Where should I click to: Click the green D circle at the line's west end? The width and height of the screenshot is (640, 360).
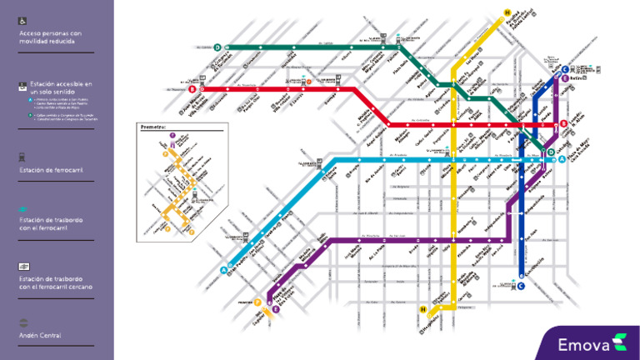click(217, 47)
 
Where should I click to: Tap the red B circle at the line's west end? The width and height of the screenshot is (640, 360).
click(192, 88)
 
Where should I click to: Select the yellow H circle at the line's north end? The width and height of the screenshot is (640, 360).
click(507, 12)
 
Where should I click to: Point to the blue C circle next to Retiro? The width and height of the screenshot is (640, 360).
click(565, 69)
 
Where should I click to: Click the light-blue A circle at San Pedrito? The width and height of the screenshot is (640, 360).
click(223, 269)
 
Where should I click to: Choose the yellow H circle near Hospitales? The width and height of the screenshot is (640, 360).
click(423, 310)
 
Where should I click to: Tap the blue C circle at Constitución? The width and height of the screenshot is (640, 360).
click(521, 287)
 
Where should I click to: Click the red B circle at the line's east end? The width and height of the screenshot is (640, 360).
click(563, 124)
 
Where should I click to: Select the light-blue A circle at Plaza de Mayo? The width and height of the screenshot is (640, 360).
click(562, 158)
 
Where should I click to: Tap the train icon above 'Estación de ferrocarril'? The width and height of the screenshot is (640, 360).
click(23, 156)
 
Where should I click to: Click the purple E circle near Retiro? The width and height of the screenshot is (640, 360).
click(565, 78)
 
